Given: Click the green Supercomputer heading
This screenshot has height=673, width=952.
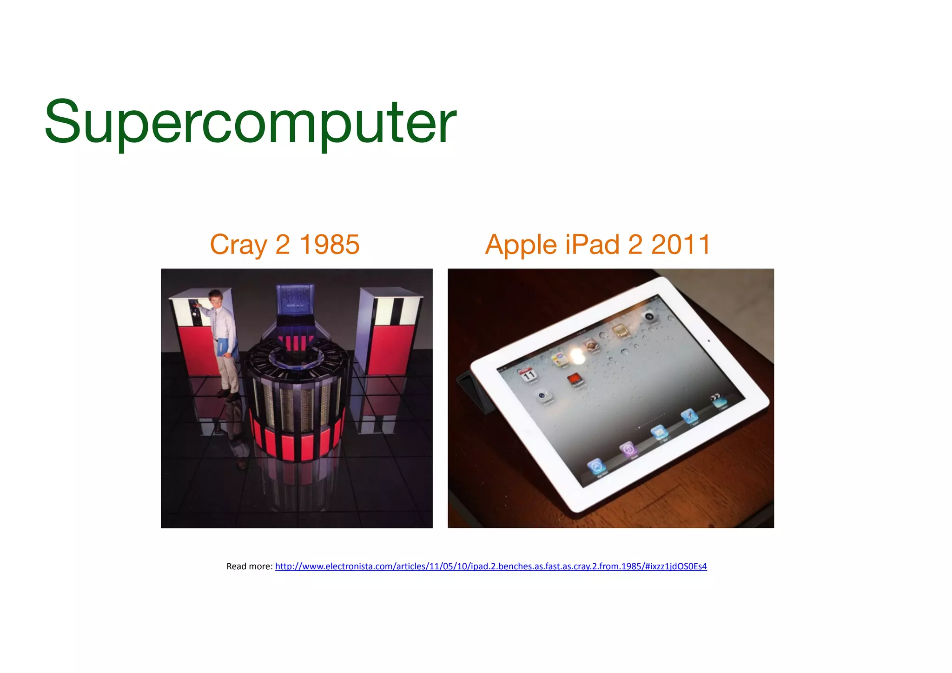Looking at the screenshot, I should click(250, 122).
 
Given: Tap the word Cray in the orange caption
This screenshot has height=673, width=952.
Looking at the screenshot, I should click(238, 245).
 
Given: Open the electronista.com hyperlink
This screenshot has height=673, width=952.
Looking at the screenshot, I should click(490, 566).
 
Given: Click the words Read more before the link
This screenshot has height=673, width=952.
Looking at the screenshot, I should click(249, 566).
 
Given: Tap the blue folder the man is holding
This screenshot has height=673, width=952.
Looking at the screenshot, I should click(227, 347).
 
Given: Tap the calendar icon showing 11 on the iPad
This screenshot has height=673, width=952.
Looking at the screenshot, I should click(529, 375).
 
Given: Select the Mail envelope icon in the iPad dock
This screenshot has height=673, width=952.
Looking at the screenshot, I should click(659, 433).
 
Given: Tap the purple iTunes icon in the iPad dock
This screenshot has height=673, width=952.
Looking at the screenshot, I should click(628, 449).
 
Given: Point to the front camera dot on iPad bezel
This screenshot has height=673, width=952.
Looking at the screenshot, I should click(708, 340).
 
